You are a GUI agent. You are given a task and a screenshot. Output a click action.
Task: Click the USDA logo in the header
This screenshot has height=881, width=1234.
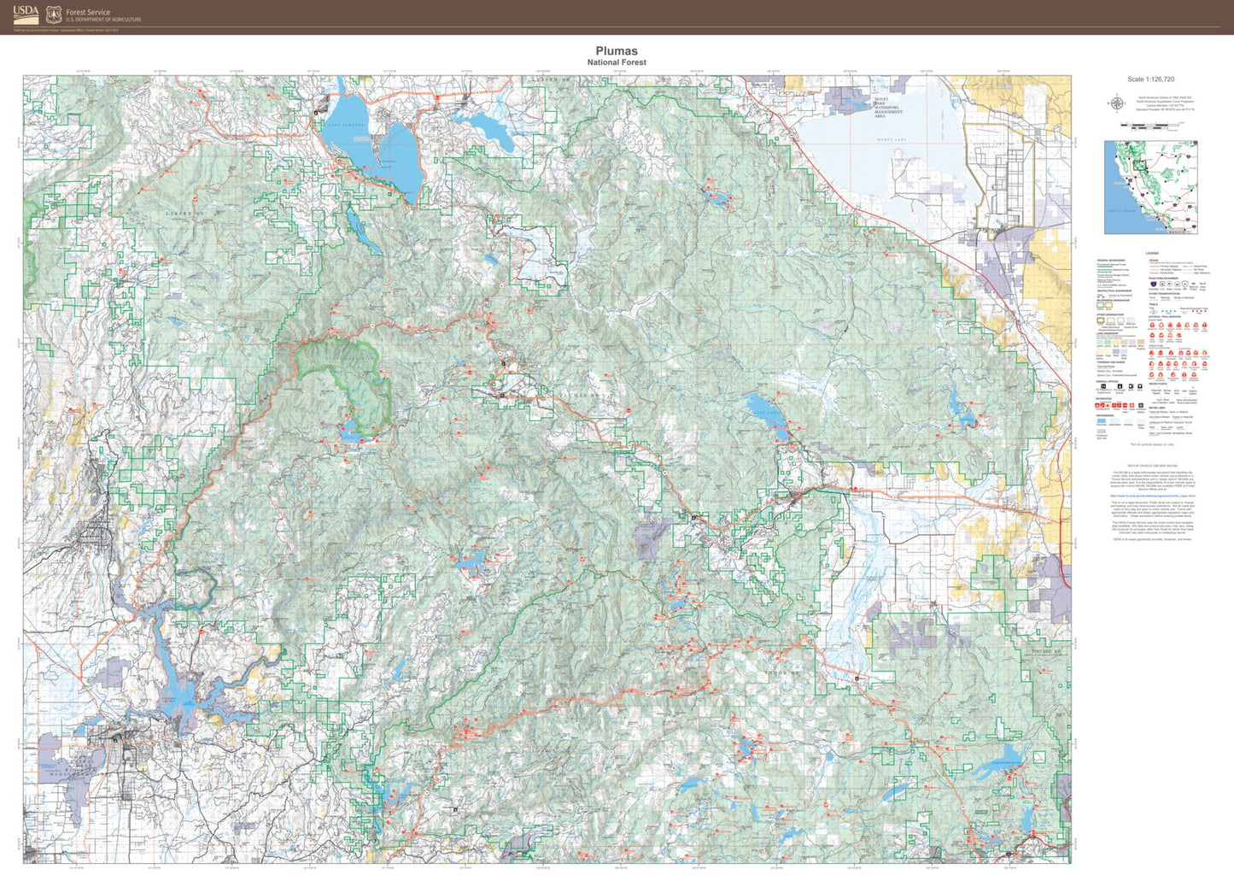click(25, 14)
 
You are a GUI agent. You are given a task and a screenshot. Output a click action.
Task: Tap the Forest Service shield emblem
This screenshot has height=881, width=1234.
click(54, 15)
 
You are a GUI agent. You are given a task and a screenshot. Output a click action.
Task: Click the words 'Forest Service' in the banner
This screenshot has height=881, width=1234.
click(88, 12)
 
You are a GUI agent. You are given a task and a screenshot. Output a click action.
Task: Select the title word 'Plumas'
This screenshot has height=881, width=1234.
click(616, 51)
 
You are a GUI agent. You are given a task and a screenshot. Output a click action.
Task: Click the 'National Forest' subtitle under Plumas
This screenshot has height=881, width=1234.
click(616, 62)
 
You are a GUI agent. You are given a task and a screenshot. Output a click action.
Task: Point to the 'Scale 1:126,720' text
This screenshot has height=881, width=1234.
click(1150, 79)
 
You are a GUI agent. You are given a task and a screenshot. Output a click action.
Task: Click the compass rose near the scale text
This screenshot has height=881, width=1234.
click(1116, 103)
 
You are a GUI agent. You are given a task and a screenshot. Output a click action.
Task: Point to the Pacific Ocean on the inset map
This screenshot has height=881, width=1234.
click(1119, 209)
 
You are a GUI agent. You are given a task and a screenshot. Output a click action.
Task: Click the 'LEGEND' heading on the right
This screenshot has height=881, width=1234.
click(1151, 253)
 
